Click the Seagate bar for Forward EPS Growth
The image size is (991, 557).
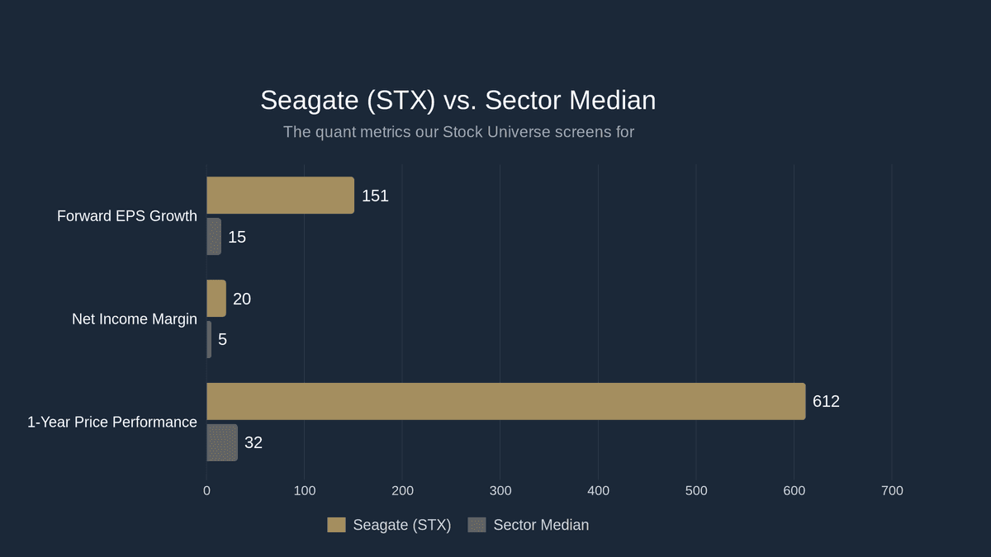pyautogui.click(x=280, y=196)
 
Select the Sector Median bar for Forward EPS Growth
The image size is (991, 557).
pyautogui.click(x=214, y=237)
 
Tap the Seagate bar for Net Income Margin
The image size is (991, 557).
pyautogui.click(x=216, y=299)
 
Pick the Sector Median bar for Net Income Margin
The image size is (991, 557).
pyautogui.click(x=209, y=339)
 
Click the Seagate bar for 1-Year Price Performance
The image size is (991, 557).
pyautogui.click(x=505, y=401)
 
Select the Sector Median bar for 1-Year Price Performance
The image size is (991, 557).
pyautogui.click(x=222, y=442)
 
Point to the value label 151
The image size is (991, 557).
pyautogui.click(x=375, y=196)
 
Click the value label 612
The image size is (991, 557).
pyautogui.click(x=826, y=401)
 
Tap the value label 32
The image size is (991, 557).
pyautogui.click(x=254, y=442)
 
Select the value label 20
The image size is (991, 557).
pyautogui.click(x=242, y=299)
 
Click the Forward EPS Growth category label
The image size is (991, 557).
pyautogui.click(x=127, y=216)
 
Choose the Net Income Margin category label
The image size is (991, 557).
pyautogui.click(x=135, y=319)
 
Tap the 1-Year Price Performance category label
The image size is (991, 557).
pyautogui.click(x=112, y=422)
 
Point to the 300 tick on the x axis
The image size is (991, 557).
pyautogui.click(x=500, y=491)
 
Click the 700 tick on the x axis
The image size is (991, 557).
pyautogui.click(x=892, y=491)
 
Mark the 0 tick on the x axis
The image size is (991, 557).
pyautogui.click(x=206, y=491)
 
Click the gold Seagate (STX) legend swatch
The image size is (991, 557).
pyautogui.click(x=336, y=525)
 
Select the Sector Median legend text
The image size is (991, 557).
pyautogui.click(x=541, y=525)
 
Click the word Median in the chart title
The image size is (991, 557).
pyautogui.click(x=611, y=101)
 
